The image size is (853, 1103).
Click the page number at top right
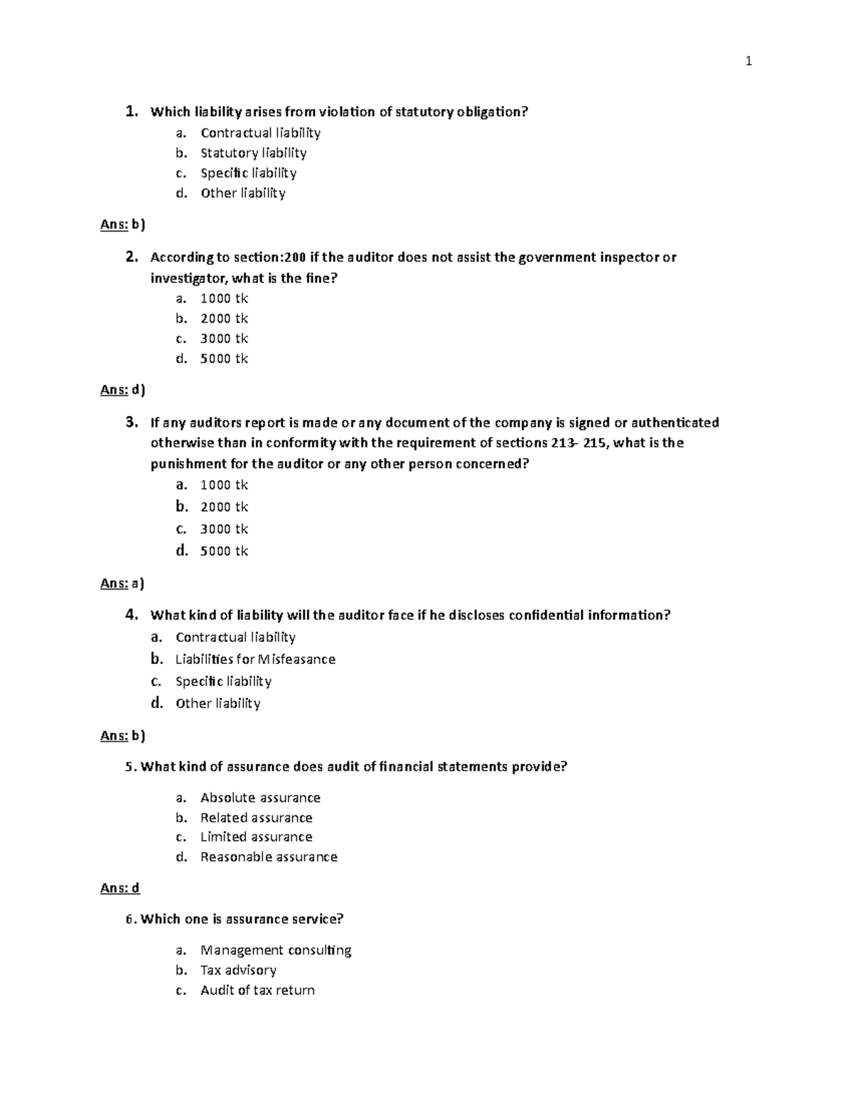pos(749,62)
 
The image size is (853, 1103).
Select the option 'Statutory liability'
pos(253,153)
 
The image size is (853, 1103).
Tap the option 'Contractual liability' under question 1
pos(260,133)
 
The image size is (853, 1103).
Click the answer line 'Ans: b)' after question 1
pos(122,225)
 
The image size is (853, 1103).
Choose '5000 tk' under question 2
pos(224,359)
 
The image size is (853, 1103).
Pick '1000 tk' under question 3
pos(224,485)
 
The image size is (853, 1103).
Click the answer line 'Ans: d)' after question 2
pos(122,389)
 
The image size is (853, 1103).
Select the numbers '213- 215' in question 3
pos(579,443)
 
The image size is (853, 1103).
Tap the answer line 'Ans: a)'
pos(122,584)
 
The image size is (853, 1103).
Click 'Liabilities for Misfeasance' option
pos(255,659)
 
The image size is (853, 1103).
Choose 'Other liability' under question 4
pos(218,703)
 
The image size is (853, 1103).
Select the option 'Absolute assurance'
pos(260,798)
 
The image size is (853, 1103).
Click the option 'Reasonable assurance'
pos(269,857)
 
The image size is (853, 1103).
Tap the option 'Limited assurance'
pos(256,837)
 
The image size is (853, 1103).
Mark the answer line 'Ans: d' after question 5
pos(120,888)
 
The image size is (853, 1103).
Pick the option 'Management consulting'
pos(276,950)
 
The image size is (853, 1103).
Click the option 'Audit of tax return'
pos(257,990)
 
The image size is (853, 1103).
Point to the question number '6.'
pos(131,919)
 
